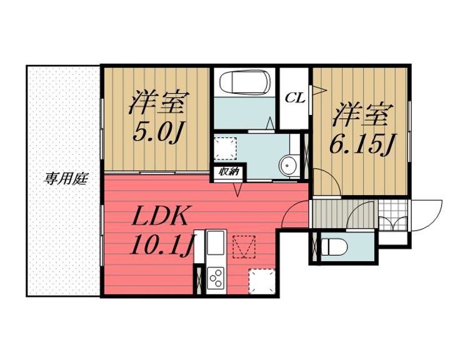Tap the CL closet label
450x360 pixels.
pyautogui.click(x=295, y=97)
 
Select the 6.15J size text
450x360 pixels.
pyautogui.click(x=362, y=145)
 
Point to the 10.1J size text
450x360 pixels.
pyautogui.click(x=160, y=246)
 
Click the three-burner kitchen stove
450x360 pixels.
pyautogui.click(x=215, y=276)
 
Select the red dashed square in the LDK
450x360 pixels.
pyautogui.click(x=245, y=245)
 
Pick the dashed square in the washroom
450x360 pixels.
pyautogui.click(x=224, y=147)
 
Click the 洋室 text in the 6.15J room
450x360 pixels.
pyautogui.click(x=362, y=115)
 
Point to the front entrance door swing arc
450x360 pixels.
pyautogui.click(x=425, y=216)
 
